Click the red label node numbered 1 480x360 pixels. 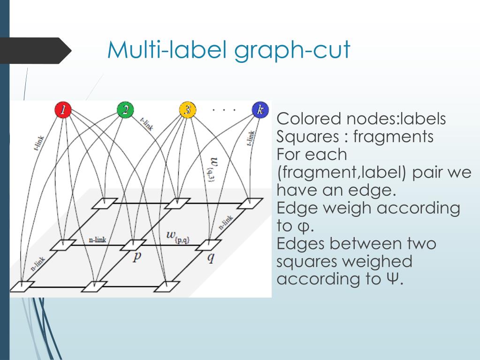click(x=62, y=110)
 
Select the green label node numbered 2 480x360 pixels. click(x=125, y=110)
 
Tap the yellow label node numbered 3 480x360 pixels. click(x=187, y=110)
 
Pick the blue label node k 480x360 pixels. click(x=259, y=110)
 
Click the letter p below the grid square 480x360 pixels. click(x=136, y=257)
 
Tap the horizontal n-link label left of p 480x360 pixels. click(x=98, y=240)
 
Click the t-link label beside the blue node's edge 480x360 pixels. click(x=251, y=139)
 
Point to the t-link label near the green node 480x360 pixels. click(x=147, y=124)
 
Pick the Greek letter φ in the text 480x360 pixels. click(x=304, y=227)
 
